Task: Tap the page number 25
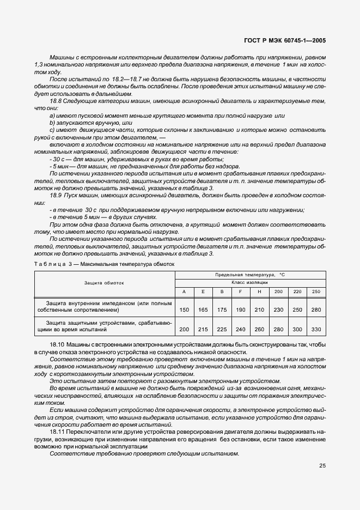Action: [x=321, y=466]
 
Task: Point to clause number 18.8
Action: [x=56, y=101]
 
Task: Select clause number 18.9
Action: [x=56, y=195]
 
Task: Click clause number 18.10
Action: [x=57, y=345]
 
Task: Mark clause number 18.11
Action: [x=57, y=431]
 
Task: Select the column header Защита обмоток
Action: [x=104, y=283]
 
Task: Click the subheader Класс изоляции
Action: [x=249, y=283]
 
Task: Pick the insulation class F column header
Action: [x=240, y=292]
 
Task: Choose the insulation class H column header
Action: [x=259, y=292]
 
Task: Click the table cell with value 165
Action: [x=203, y=309]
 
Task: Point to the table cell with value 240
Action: [x=240, y=329]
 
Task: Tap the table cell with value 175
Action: [x=222, y=309]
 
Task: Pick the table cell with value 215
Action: [x=203, y=329]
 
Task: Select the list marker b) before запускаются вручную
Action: [x=52, y=123]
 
